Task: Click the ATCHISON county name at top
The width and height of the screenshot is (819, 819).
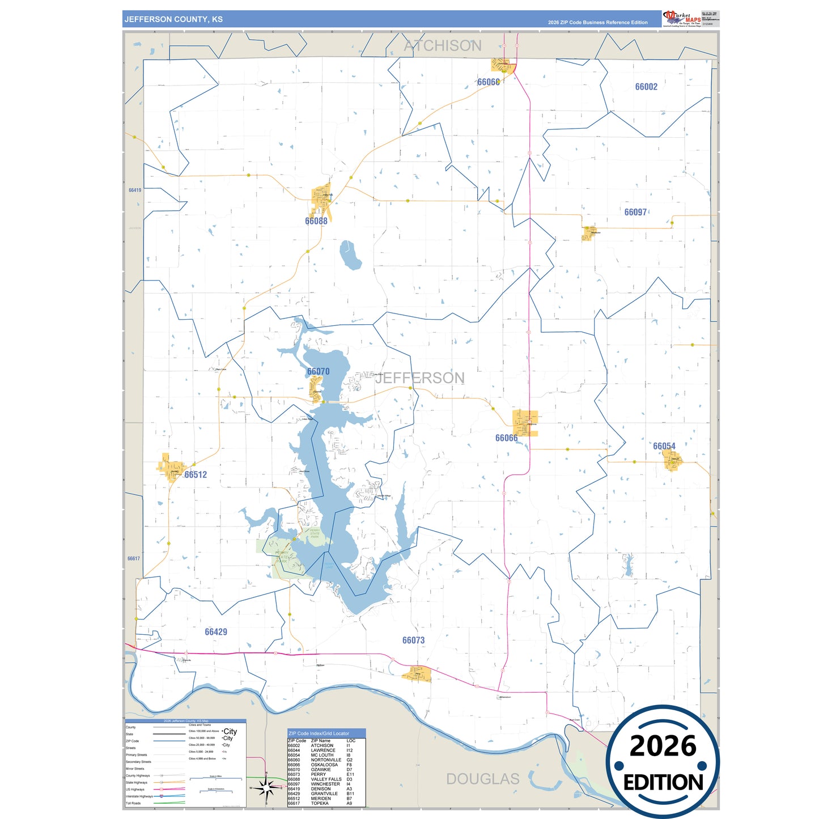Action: coord(443,46)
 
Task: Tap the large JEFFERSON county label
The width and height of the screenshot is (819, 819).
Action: coord(420,378)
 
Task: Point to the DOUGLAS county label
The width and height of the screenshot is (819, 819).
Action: coord(483,779)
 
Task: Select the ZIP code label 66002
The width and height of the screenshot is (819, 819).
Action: coord(646,87)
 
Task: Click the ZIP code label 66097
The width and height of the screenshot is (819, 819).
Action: coord(635,212)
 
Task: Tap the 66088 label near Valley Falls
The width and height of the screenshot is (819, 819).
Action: coord(316,221)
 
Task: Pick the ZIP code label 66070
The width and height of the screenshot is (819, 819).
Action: coord(318,371)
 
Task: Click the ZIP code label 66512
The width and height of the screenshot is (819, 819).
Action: coord(196,475)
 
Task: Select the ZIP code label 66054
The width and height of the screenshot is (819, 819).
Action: coord(664,446)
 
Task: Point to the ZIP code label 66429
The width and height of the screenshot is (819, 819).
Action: coord(216,632)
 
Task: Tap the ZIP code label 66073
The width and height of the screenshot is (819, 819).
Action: coord(413,640)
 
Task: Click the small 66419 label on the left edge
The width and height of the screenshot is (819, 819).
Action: coord(135,190)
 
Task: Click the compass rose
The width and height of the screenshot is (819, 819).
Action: coord(266,787)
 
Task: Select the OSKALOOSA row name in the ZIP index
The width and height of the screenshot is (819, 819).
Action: coord(324,765)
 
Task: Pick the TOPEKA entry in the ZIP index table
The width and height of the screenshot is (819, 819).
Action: coord(320,803)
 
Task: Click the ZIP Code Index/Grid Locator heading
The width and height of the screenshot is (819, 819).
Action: coord(319,733)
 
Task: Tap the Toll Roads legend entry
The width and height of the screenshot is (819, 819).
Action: coord(134,803)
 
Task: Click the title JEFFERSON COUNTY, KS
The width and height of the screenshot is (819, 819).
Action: coord(173,19)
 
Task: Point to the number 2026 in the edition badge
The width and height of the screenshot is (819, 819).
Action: coord(663,746)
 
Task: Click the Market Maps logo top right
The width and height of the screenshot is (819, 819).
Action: coord(682,18)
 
